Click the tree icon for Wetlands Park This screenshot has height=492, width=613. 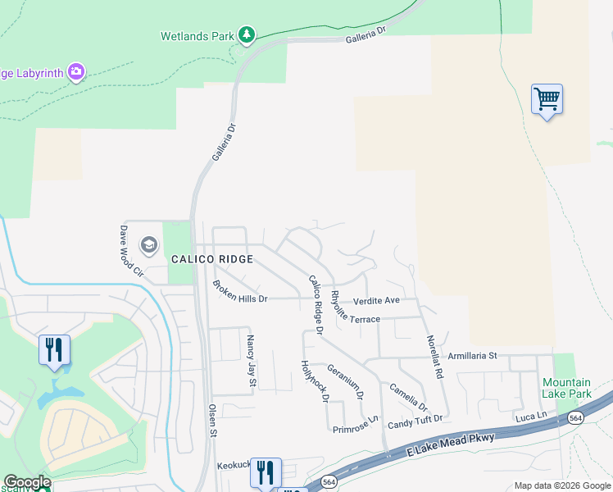tap(247, 34)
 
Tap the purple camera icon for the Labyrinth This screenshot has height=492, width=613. tap(76, 72)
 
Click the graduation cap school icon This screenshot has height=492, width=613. tap(148, 244)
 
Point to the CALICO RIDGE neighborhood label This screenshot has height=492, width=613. tap(211, 259)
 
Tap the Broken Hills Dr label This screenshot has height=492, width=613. tap(240, 292)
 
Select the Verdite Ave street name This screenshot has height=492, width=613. tap(376, 300)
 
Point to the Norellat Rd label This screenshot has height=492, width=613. tap(434, 357)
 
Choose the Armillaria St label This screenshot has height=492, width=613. tap(473, 355)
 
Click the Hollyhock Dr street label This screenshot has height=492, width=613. tap(314, 382)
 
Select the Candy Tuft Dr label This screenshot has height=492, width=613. tap(415, 420)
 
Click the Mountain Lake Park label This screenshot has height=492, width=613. tap(565, 388)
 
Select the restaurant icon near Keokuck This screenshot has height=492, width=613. tap(266, 472)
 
